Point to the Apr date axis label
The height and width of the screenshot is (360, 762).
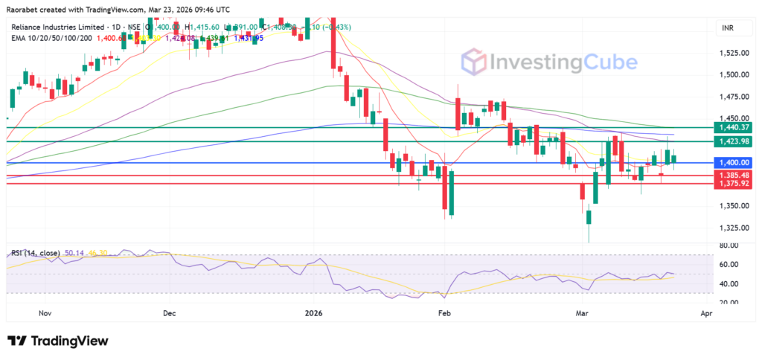(706, 314)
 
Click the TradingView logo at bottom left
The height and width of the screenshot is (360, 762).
(58, 341)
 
